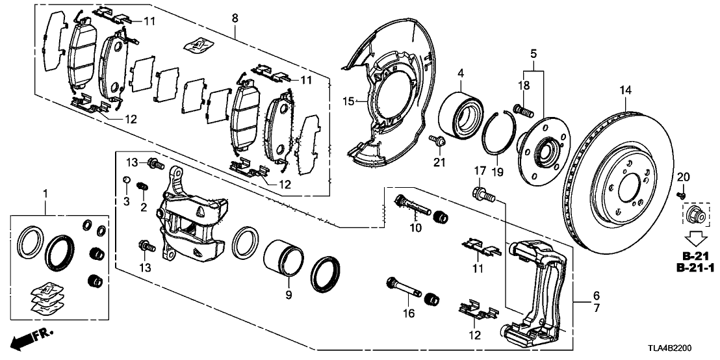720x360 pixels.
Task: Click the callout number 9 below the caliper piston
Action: click(289, 294)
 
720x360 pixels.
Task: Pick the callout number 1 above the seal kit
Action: click(45, 193)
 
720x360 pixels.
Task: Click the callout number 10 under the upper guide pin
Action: click(415, 227)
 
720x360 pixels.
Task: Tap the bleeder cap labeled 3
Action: click(128, 180)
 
